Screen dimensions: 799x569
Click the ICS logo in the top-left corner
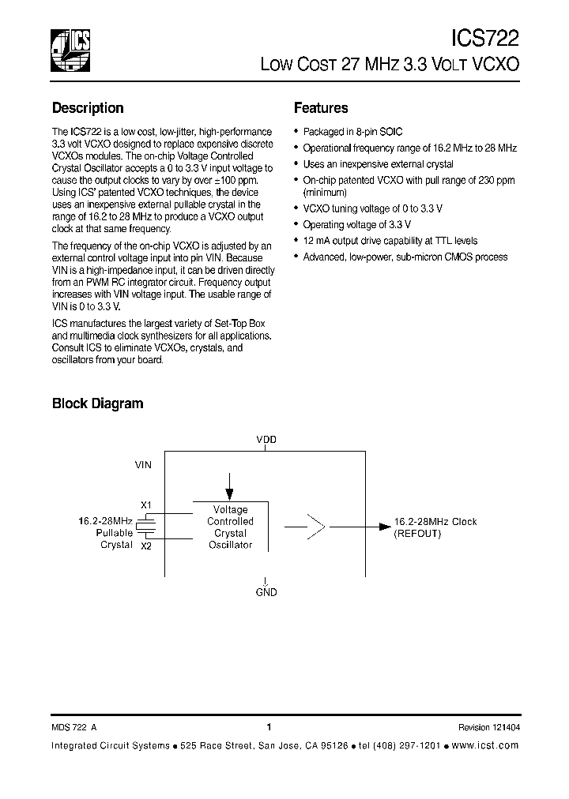(70, 50)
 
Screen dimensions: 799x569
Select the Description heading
(88, 108)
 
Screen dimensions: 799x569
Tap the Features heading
(321, 108)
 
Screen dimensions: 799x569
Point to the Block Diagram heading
(97, 403)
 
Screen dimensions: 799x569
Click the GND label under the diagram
(266, 591)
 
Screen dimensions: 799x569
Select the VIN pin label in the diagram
(143, 466)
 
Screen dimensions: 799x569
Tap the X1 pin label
(145, 505)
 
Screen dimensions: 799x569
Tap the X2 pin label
(145, 546)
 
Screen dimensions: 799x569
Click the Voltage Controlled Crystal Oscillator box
(230, 527)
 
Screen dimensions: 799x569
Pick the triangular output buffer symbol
(315, 523)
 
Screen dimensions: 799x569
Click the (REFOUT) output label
(417, 534)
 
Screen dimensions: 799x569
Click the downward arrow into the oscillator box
(229, 482)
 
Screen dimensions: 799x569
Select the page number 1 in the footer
(269, 727)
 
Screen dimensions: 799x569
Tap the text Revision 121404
(488, 728)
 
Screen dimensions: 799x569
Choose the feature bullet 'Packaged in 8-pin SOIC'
(352, 132)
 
